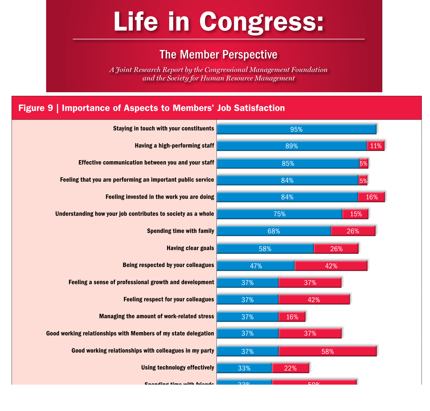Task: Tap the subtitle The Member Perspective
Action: pyautogui.click(x=218, y=55)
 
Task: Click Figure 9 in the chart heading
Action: pyautogui.click(x=36, y=108)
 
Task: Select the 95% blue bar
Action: pyautogui.click(x=296, y=129)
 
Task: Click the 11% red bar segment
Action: pyautogui.click(x=376, y=146)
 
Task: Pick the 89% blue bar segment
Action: pyautogui.click(x=292, y=146)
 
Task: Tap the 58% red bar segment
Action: pyautogui.click(x=327, y=351)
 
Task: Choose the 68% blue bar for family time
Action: pyautogui.click(x=274, y=231)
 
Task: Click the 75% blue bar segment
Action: pyautogui.click(x=279, y=214)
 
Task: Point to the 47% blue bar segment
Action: pyautogui.click(x=256, y=266)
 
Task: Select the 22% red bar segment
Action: pyautogui.click(x=290, y=368)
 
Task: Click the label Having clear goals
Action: pyautogui.click(x=190, y=248)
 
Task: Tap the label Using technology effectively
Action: pyautogui.click(x=178, y=367)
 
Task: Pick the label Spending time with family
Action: pyautogui.click(x=180, y=231)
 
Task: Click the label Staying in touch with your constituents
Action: pyautogui.click(x=163, y=128)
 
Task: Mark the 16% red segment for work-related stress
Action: pyautogui.click(x=292, y=317)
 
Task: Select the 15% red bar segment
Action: pyautogui.click(x=356, y=214)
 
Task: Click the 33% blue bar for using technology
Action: pyautogui.click(x=244, y=368)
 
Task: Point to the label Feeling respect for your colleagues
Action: pyautogui.click(x=169, y=299)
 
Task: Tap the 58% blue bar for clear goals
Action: pyautogui.click(x=265, y=249)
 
